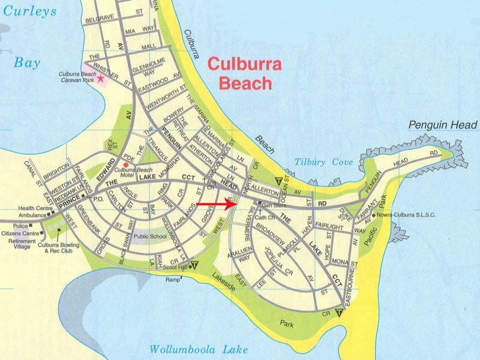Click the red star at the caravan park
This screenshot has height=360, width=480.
101,79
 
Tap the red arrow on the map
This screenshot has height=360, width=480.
216,204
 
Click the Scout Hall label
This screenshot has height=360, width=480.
176,267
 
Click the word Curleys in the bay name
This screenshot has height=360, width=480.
29,11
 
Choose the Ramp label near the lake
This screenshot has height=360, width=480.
173,280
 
